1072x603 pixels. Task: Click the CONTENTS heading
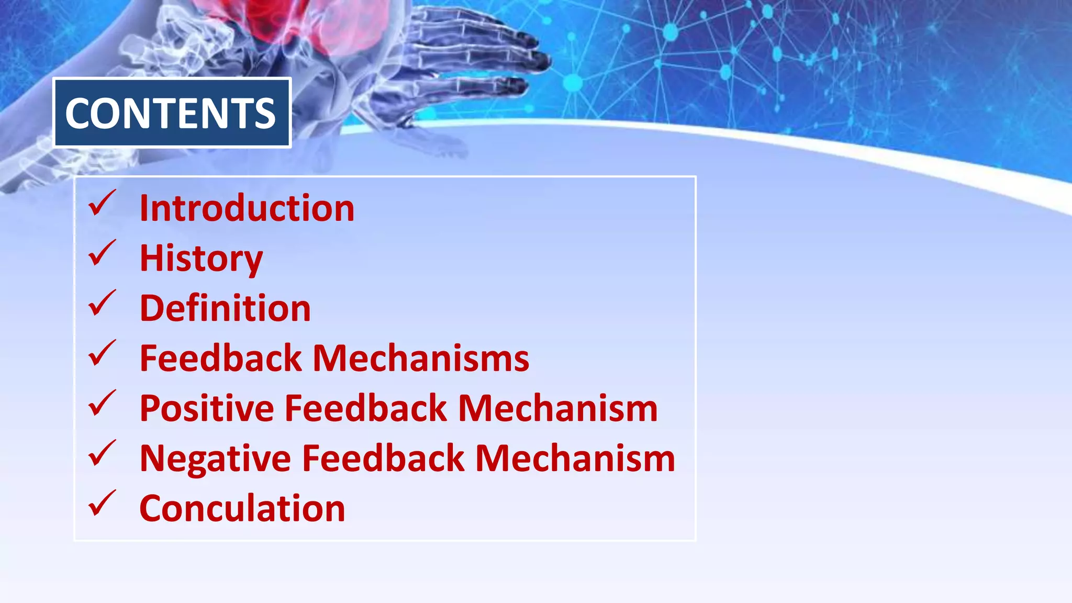pyautogui.click(x=171, y=113)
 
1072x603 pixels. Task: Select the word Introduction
pyautogui.click(x=247, y=208)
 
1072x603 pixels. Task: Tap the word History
pyautogui.click(x=201, y=259)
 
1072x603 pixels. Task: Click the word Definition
pyautogui.click(x=225, y=308)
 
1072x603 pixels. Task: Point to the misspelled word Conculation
pyautogui.click(x=242, y=508)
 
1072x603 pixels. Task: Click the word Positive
pyautogui.click(x=207, y=408)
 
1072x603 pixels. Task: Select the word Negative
pyautogui.click(x=215, y=459)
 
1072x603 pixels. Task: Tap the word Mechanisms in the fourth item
pyautogui.click(x=421, y=359)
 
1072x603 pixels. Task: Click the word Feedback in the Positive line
pyautogui.click(x=366, y=408)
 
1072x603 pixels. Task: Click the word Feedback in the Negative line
pyautogui.click(x=383, y=459)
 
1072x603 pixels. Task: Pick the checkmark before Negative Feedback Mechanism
pyautogui.click(x=102, y=453)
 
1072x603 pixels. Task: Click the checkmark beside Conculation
pyautogui.click(x=102, y=504)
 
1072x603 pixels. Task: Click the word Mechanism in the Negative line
pyautogui.click(x=575, y=459)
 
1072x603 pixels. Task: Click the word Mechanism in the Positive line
pyautogui.click(x=557, y=408)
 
